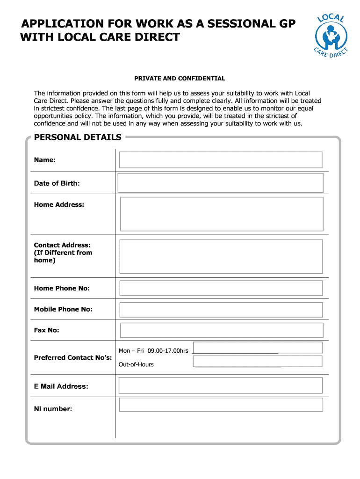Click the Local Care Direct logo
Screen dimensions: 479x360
[x=332, y=37]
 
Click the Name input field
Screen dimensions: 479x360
[x=220, y=160]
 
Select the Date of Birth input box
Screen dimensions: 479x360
[x=220, y=182]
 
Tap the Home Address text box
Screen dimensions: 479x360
[x=221, y=214]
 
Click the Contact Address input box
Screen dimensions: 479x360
[x=221, y=256]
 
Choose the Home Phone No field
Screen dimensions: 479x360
[x=221, y=288]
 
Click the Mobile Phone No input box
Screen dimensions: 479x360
[x=221, y=310]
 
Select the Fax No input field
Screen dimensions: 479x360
[x=221, y=330]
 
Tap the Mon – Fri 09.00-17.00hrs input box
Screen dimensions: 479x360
[x=258, y=347]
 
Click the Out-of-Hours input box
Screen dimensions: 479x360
[x=258, y=361]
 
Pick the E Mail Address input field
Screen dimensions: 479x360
[x=221, y=385]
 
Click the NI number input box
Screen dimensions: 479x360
[x=221, y=405]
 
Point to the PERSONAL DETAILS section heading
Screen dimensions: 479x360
[x=78, y=137]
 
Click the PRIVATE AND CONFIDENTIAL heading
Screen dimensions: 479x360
[x=180, y=79]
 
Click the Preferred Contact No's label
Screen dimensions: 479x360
[x=73, y=358]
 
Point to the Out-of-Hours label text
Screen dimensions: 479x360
[x=136, y=364]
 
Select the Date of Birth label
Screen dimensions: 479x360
[x=57, y=183]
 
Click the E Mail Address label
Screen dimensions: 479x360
[x=61, y=386]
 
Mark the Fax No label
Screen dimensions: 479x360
[x=46, y=330]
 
